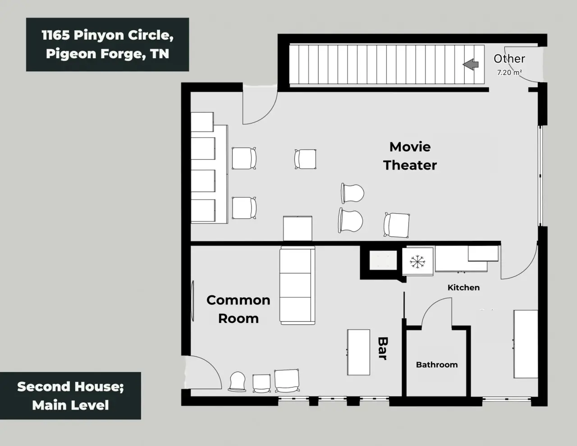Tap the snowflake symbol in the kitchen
click(417, 262)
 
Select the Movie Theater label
click(410, 156)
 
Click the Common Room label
click(238, 309)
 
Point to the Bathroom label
click(437, 365)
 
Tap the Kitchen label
click(463, 287)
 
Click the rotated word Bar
click(383, 349)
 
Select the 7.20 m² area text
click(509, 72)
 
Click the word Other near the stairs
click(509, 59)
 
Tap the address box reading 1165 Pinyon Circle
click(108, 44)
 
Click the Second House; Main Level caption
click(70, 396)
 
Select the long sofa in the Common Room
click(297, 285)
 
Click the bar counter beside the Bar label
click(358, 352)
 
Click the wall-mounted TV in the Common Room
click(192, 301)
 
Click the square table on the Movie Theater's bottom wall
click(298, 229)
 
